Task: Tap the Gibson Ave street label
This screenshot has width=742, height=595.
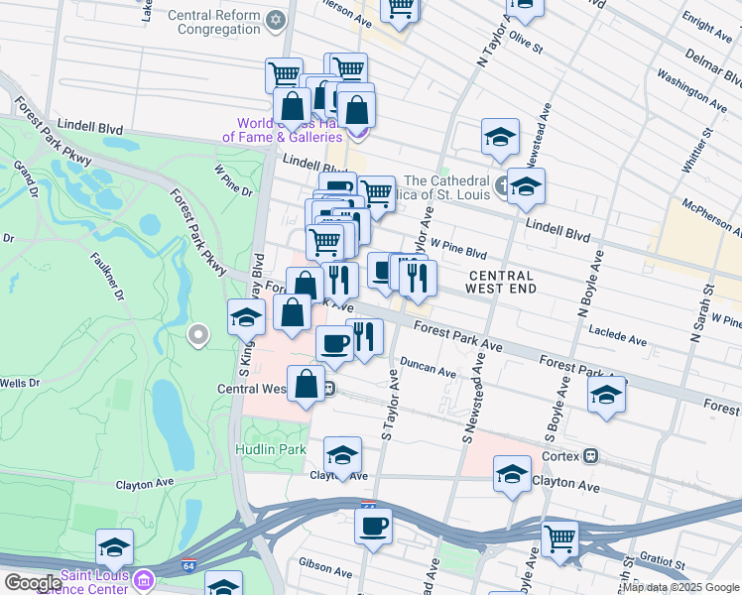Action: coord(319,561)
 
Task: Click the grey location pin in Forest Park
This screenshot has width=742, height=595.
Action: coord(198,335)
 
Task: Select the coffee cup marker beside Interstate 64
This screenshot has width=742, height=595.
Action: coord(373,526)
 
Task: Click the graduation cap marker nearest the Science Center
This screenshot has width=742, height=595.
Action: coord(115,547)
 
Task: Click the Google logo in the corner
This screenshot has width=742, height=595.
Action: coord(32,583)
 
